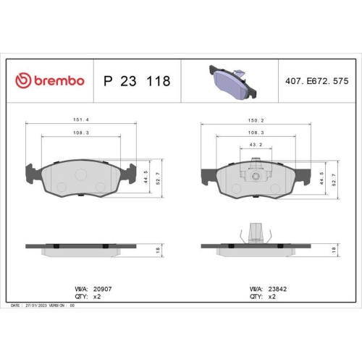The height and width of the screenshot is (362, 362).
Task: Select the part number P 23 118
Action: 137,81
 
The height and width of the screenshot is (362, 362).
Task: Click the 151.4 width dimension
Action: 80,120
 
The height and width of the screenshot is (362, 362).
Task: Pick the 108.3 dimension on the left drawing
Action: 80,133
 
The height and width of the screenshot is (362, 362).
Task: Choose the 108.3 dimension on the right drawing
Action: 255,133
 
